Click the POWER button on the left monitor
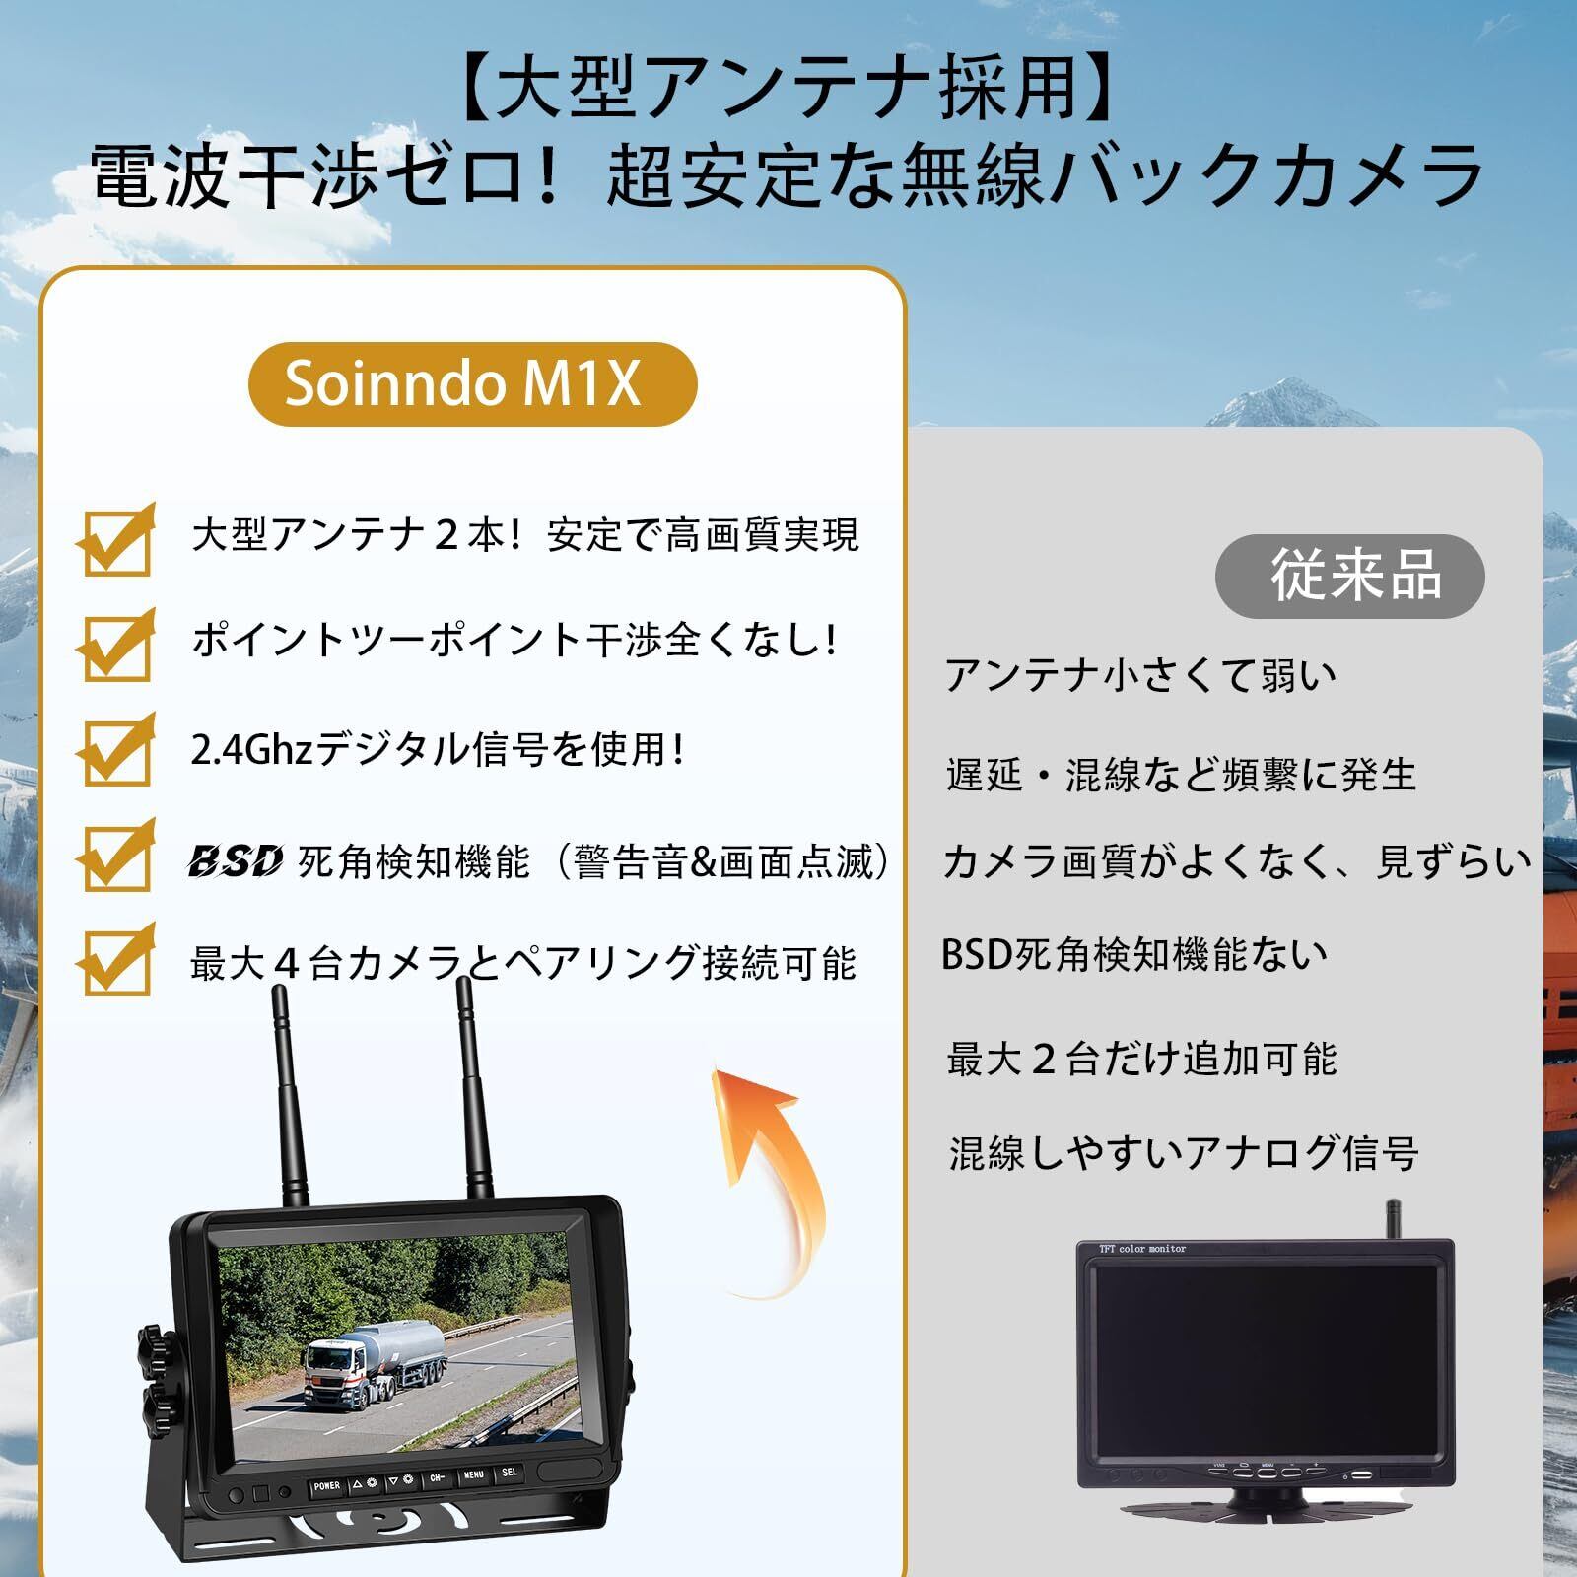326,1485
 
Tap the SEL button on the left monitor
510,1474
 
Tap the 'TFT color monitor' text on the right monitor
1142,1249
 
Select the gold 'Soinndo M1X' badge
472,383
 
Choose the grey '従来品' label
1350,576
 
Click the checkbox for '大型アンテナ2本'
116,539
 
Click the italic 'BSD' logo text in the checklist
236,860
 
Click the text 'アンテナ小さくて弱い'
1141,676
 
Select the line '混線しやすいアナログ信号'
1183,1152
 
